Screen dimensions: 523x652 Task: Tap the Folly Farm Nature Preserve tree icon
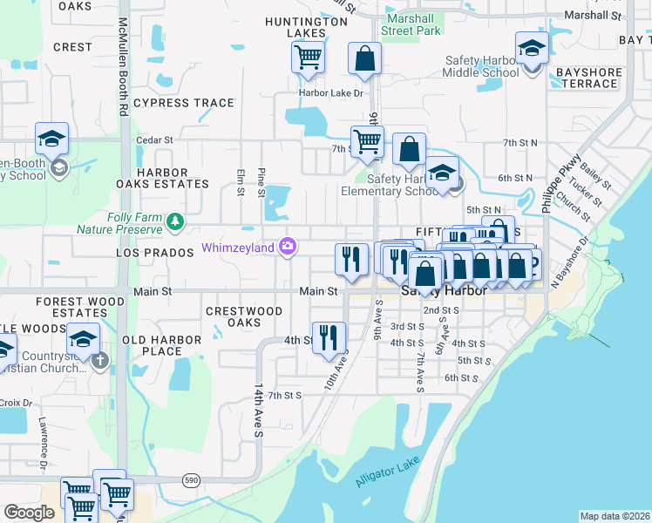click(176, 221)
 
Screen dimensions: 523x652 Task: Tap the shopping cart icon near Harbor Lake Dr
click(308, 58)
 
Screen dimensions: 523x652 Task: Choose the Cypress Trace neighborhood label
click(184, 103)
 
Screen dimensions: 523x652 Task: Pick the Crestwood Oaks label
click(244, 316)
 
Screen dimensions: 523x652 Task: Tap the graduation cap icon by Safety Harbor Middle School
click(530, 47)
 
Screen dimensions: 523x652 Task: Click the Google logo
click(29, 513)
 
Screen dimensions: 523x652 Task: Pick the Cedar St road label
click(155, 139)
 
